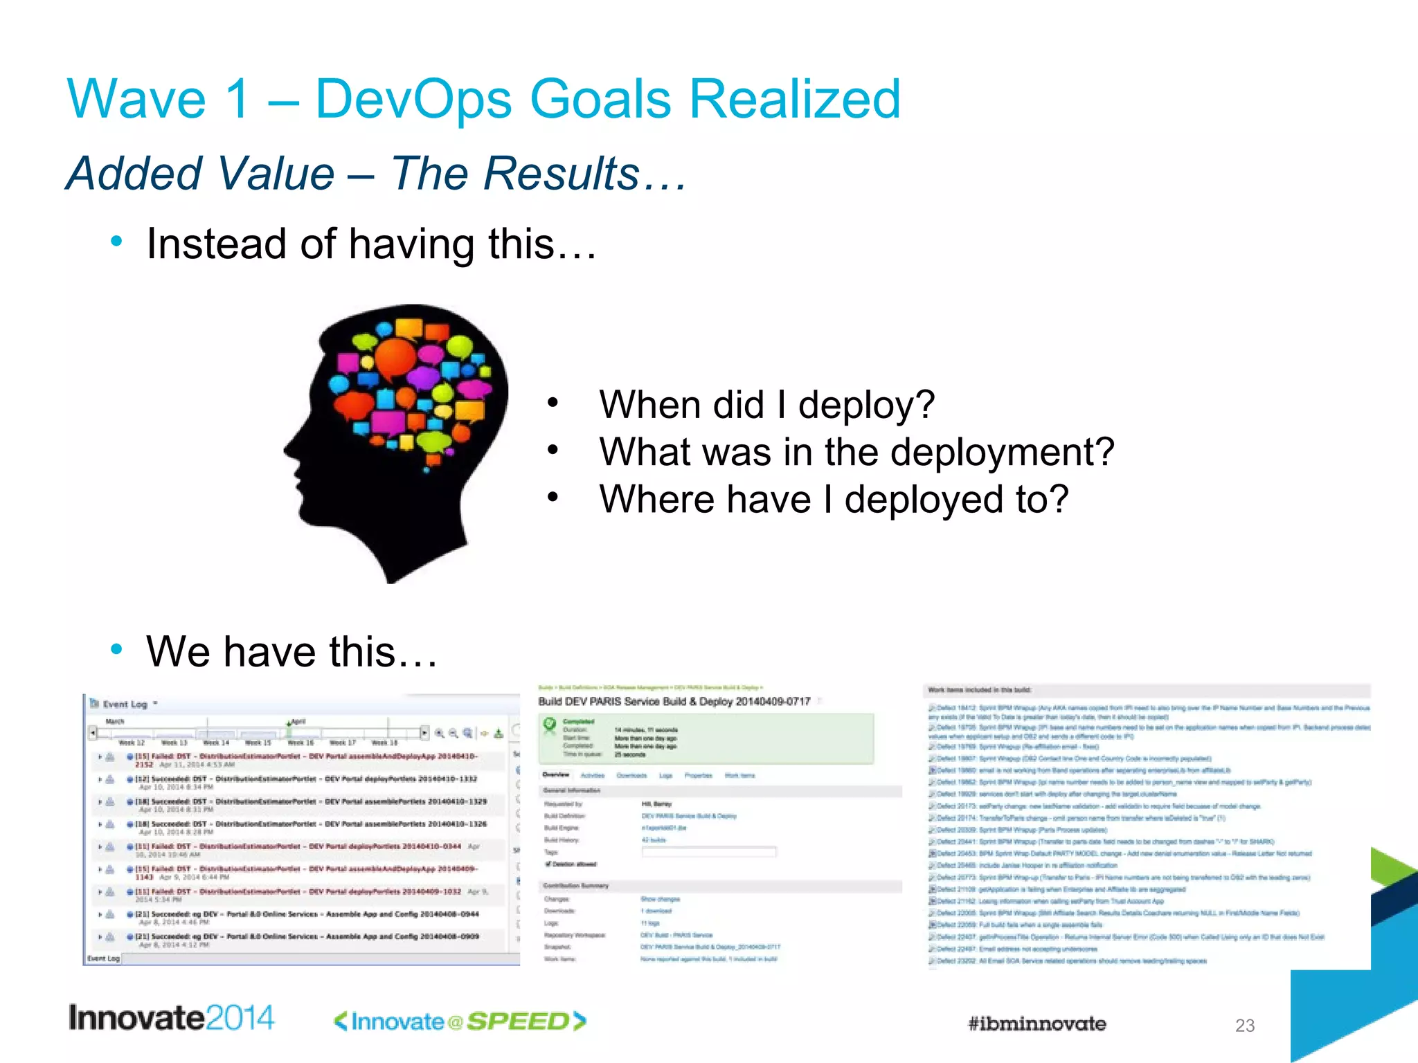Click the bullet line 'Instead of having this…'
tap(371, 244)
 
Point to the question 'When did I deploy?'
tap(766, 404)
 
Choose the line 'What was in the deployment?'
tap(856, 452)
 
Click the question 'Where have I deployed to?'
tap(834, 499)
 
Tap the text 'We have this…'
tap(291, 651)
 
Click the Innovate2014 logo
tap(171, 1018)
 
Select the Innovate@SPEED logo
tap(460, 1021)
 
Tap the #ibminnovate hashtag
tap(1036, 1024)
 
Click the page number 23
tap(1244, 1026)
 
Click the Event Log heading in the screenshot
tap(125, 705)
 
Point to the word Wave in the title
tap(136, 99)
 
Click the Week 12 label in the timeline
tap(132, 743)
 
